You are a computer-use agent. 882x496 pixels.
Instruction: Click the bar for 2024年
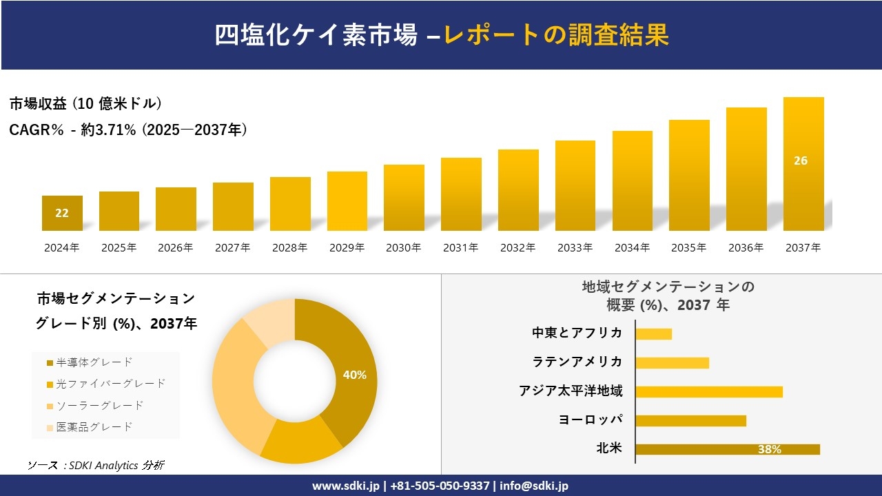point(62,214)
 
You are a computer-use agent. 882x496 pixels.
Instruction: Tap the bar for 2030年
point(404,198)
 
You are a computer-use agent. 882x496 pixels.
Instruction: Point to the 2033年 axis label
point(575,248)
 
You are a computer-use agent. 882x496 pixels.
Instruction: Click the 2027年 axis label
point(232,248)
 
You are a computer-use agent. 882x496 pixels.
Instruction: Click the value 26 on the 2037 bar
point(801,161)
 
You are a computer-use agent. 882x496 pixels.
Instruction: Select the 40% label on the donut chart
point(354,375)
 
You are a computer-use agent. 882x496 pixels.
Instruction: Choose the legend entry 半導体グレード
point(94,362)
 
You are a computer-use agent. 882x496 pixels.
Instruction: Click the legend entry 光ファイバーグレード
point(110,384)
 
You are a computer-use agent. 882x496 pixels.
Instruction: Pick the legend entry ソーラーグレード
point(99,405)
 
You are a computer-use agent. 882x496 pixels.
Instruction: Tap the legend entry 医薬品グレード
point(94,427)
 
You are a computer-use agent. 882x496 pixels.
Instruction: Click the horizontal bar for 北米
point(728,449)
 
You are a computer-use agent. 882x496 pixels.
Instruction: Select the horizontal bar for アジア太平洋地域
point(709,392)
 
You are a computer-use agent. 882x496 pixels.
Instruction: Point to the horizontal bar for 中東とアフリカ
point(653,334)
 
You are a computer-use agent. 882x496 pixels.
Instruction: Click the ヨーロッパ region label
point(591,420)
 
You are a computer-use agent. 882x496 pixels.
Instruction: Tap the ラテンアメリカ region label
point(577,362)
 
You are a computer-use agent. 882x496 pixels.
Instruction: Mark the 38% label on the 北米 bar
point(769,450)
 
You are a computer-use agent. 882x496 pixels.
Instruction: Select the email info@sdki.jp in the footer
point(535,486)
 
